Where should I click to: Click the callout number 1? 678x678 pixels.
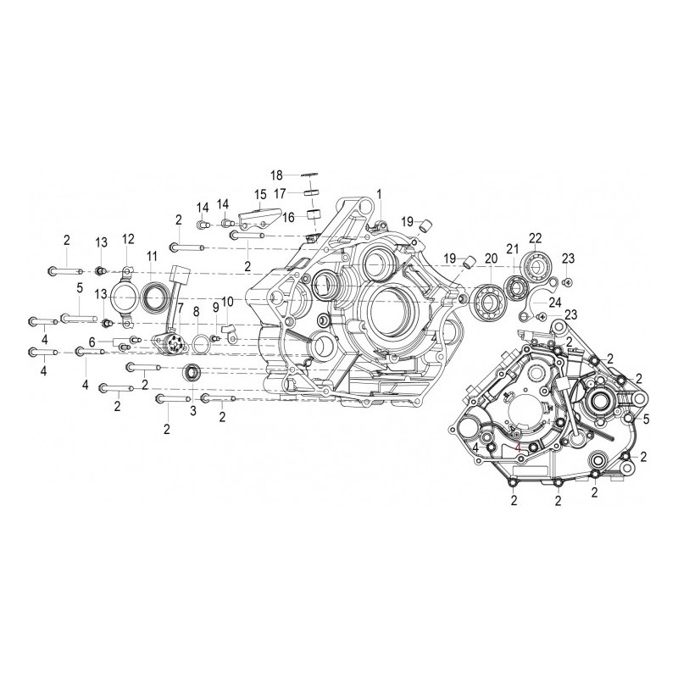coord(380,194)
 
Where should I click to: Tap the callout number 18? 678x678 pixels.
coord(276,175)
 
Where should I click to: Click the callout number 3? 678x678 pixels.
coord(192,411)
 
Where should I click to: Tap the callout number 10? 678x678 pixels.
coord(227,303)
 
